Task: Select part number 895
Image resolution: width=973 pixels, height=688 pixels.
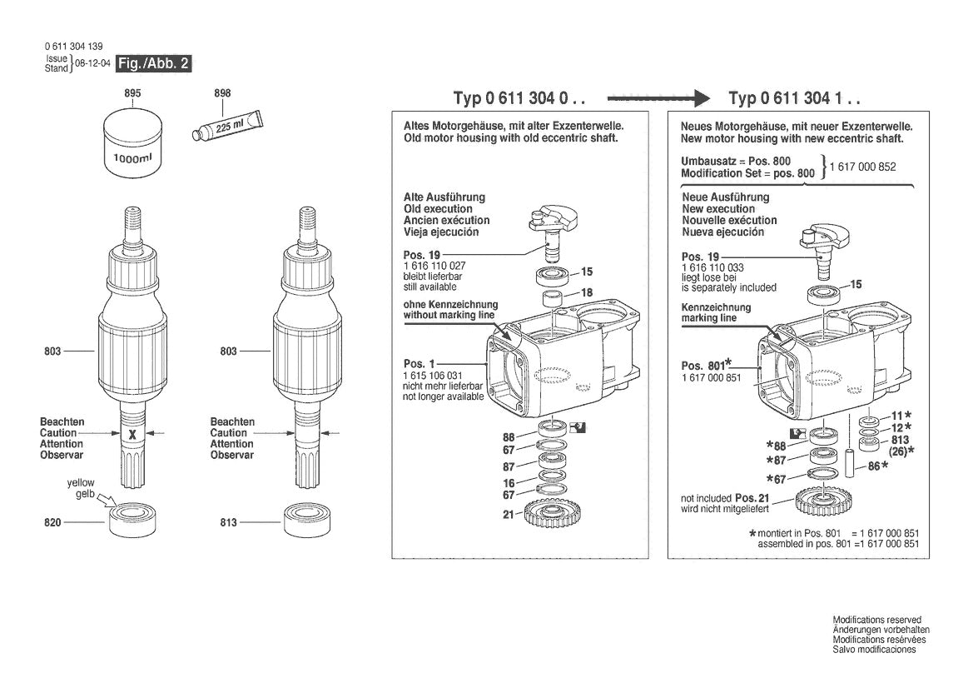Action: click(x=132, y=94)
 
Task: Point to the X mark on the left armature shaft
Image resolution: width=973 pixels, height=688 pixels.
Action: click(x=132, y=433)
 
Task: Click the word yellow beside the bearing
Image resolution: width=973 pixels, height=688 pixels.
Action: click(x=81, y=483)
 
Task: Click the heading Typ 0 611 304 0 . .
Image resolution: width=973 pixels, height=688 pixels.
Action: click(x=519, y=98)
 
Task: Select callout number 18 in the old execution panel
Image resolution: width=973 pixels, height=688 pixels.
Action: click(x=586, y=292)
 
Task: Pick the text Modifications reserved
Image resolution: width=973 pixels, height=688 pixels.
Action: click(x=876, y=621)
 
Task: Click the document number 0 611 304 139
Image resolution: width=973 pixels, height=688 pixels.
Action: click(x=75, y=47)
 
